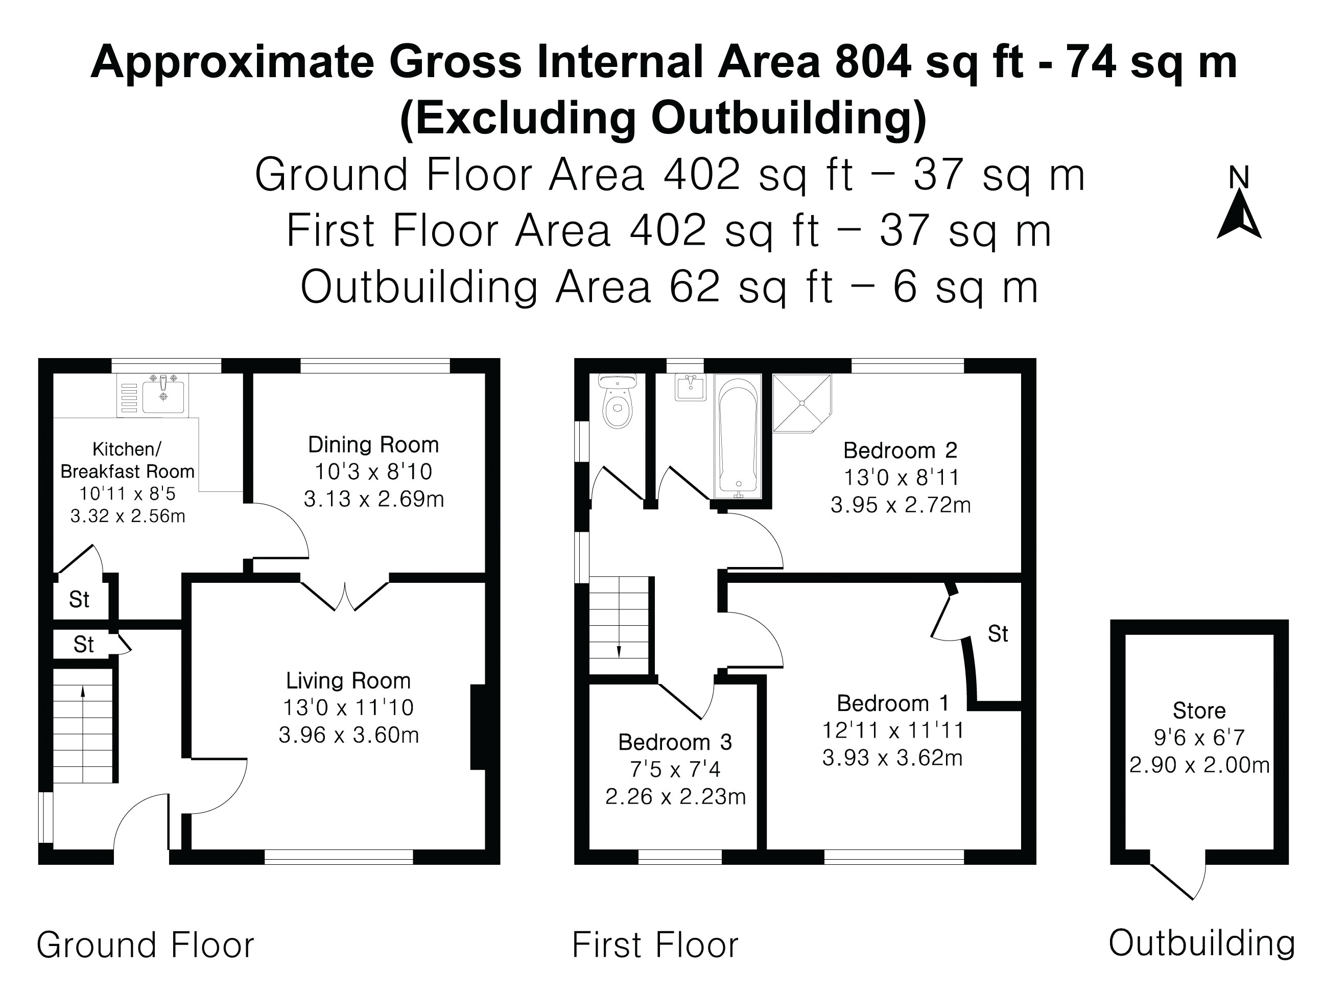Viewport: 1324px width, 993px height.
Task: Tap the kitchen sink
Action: tap(163, 395)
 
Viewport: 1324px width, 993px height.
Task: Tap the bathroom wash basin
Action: tap(690, 388)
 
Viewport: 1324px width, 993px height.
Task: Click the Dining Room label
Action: tap(373, 445)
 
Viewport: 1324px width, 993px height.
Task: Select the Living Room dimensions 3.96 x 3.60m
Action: tap(348, 735)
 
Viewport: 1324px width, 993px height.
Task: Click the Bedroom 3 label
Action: tap(675, 742)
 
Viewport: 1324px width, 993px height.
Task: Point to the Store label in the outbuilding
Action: tap(1199, 711)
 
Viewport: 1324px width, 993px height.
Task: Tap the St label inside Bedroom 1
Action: tap(998, 634)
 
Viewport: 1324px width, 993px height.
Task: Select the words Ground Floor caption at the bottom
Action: tap(146, 945)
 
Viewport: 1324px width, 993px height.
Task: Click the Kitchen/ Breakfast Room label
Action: tap(127, 460)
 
